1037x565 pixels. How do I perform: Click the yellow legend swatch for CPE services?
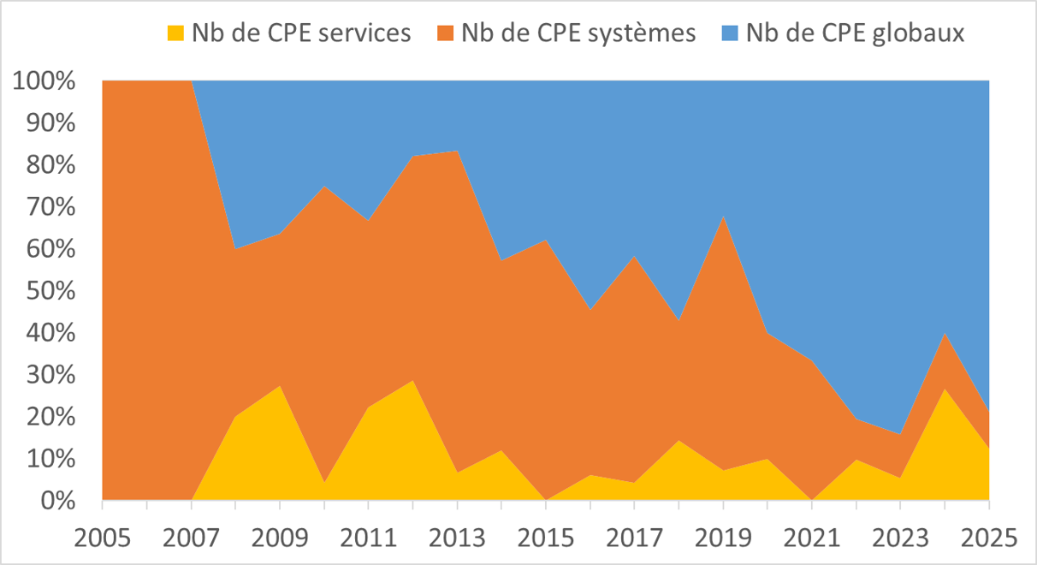[175, 33]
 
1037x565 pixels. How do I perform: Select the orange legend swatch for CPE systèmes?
[445, 33]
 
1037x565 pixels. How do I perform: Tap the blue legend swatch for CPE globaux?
[730, 33]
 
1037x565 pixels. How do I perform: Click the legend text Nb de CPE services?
[301, 33]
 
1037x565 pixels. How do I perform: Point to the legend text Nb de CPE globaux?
[855, 33]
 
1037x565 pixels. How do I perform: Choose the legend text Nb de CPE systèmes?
[578, 33]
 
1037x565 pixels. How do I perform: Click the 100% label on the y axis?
[44, 81]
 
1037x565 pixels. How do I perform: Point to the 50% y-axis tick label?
[50, 291]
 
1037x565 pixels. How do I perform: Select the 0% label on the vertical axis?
[58, 501]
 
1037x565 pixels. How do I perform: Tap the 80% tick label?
[50, 165]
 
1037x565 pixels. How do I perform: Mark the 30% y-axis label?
[50, 375]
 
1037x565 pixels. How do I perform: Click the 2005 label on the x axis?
[103, 538]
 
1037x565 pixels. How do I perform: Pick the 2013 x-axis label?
[457, 538]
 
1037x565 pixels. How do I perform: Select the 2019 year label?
[723, 538]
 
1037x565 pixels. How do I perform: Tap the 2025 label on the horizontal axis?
[989, 538]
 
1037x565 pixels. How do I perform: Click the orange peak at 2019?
[723, 217]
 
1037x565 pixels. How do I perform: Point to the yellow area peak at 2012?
[412, 381]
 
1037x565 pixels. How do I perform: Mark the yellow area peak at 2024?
[945, 389]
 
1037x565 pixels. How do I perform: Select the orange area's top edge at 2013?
[457, 152]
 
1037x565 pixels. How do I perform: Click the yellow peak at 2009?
[280, 386]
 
